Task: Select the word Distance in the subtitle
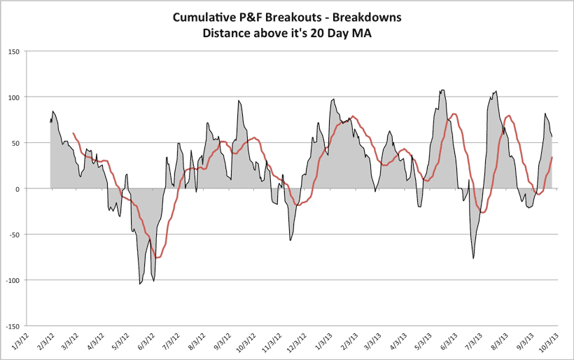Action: click(232, 32)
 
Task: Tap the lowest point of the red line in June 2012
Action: click(157, 258)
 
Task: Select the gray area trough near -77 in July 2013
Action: click(473, 258)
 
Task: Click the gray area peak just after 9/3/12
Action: click(239, 101)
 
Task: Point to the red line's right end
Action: click(552, 158)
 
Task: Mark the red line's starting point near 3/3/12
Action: click(73, 133)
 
